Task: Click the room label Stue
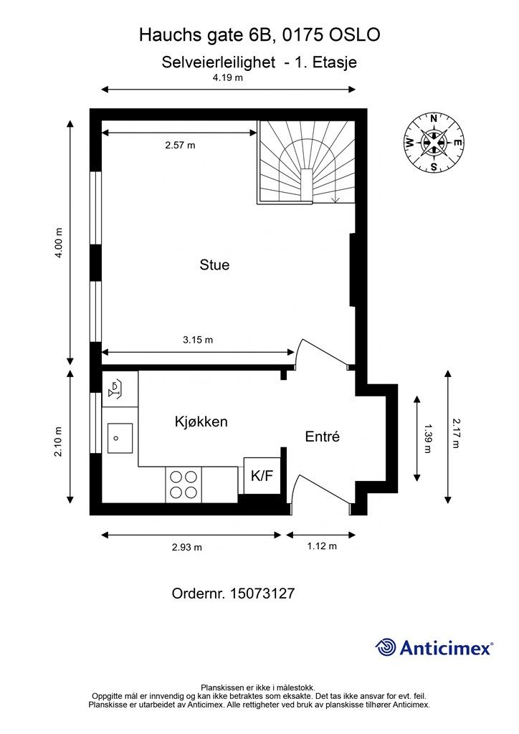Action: pos(214,265)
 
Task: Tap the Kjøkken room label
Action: pos(201,421)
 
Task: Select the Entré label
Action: pos(322,437)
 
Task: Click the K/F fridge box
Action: pos(262,476)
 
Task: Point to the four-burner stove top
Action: pos(184,485)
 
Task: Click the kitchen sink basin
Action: pos(120,438)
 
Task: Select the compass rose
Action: pos(434,143)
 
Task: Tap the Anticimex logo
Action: pos(434,647)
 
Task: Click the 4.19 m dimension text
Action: pos(228,77)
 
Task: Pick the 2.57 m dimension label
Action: pos(180,145)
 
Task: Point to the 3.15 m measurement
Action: pos(197,340)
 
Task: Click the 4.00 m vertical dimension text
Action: pos(59,242)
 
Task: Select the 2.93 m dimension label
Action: pos(186,547)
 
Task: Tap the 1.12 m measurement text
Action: pos(322,545)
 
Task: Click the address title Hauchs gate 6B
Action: pos(205,35)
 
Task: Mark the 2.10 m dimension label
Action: pos(59,442)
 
